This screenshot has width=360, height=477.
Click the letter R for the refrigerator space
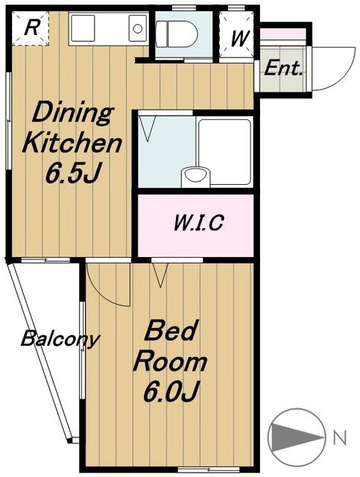31,28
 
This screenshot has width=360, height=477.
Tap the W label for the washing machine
241,38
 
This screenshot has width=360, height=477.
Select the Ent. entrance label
283,69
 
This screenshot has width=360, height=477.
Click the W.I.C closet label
199,223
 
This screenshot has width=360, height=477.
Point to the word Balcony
60,338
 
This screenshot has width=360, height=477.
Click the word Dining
72,114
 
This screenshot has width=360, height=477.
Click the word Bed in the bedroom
169,331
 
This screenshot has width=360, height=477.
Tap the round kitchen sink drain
138,29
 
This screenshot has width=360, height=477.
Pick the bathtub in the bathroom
225,152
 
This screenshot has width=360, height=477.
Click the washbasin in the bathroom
195,177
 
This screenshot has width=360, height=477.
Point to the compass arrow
297,437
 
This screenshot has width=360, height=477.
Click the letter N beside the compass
340,437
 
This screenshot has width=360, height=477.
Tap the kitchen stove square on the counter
82,28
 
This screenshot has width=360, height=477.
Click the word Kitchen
72,143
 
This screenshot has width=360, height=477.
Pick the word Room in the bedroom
170,361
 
